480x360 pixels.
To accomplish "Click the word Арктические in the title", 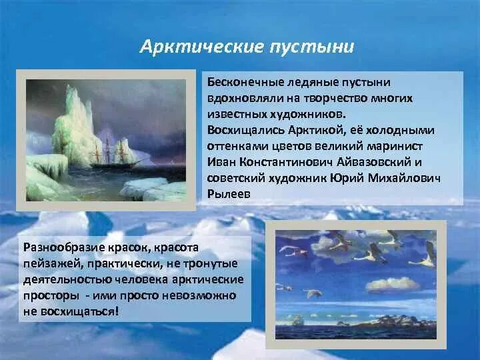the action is point(202,47).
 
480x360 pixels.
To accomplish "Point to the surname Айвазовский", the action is point(373,162).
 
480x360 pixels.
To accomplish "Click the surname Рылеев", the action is point(229,194).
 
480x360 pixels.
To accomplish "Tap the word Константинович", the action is point(286,162).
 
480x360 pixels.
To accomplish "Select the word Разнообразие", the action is point(64,247).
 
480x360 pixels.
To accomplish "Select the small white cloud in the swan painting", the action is point(393,285).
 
